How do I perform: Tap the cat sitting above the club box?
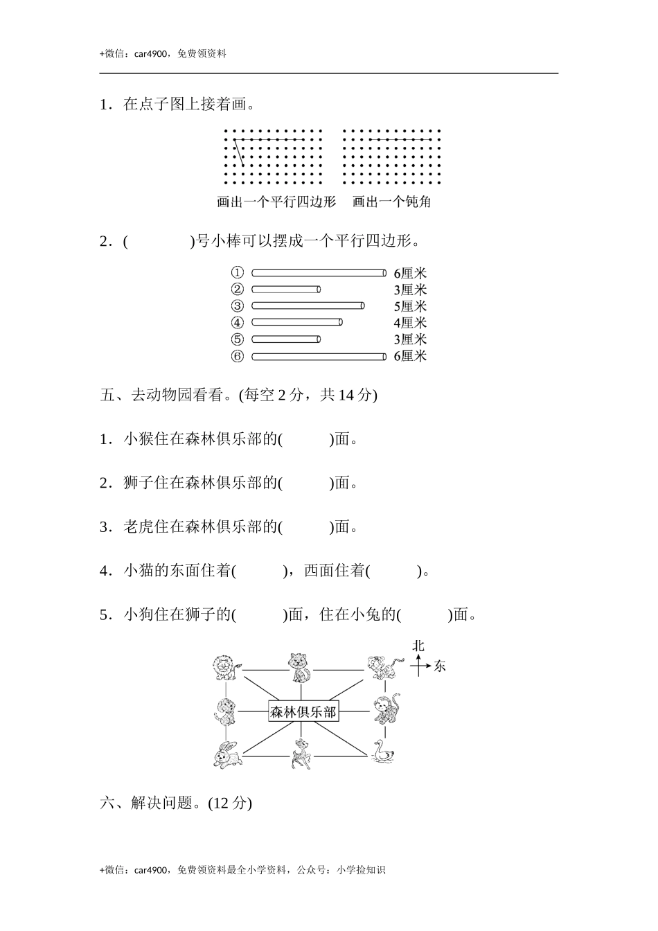pyautogui.click(x=299, y=668)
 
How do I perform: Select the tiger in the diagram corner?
pyautogui.click(x=380, y=668)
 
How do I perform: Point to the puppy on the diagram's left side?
pyautogui.click(x=224, y=711)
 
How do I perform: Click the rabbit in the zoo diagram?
pyautogui.click(x=226, y=754)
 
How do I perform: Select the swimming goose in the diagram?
pyautogui.click(x=382, y=752)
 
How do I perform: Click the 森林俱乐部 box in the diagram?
pyautogui.click(x=303, y=711)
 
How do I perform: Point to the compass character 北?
pyautogui.click(x=418, y=646)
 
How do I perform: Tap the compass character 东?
pyautogui.click(x=440, y=666)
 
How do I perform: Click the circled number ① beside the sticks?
pyautogui.click(x=238, y=272)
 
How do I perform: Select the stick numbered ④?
pyautogui.click(x=296, y=322)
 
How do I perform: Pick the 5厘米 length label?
pyautogui.click(x=410, y=306)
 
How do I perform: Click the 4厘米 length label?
pyautogui.click(x=410, y=323)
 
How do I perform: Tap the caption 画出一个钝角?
pyautogui.click(x=391, y=202)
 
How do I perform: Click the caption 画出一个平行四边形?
pyautogui.click(x=276, y=202)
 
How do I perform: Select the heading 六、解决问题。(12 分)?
pyautogui.click(x=176, y=803)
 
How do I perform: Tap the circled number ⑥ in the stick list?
pyautogui.click(x=238, y=356)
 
